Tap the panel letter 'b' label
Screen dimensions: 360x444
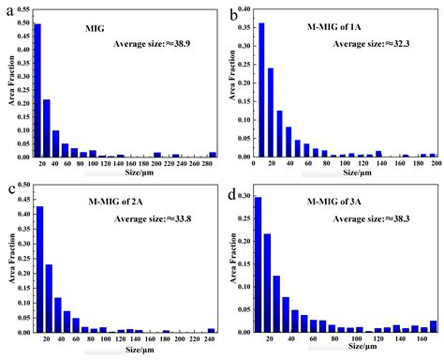pyautogui.click(x=233, y=12)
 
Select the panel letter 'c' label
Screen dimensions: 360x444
pyautogui.click(x=7, y=188)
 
